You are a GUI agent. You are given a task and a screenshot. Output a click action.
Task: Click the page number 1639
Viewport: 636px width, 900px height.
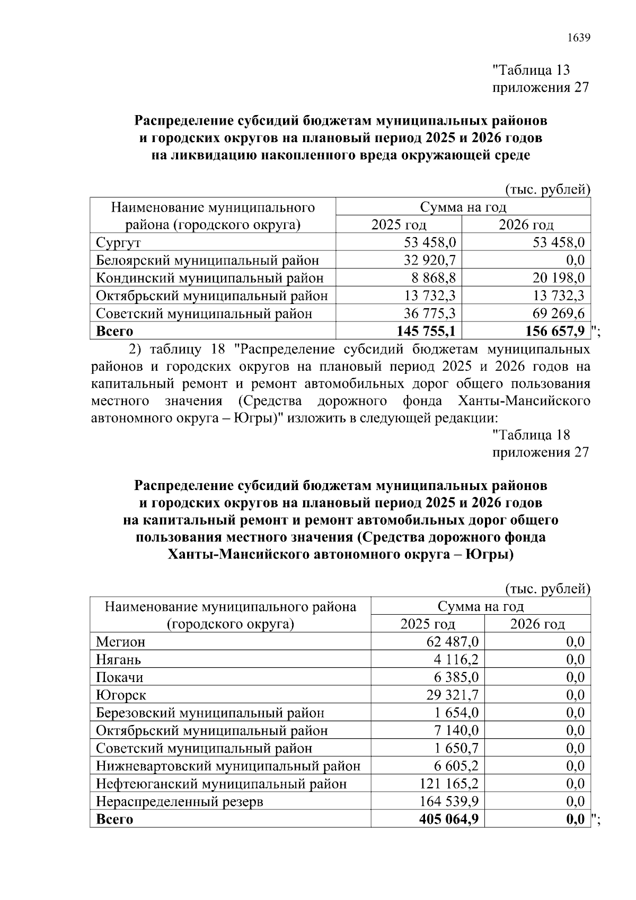point(578,38)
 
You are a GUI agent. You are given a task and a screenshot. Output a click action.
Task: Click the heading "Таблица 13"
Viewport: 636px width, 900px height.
point(531,70)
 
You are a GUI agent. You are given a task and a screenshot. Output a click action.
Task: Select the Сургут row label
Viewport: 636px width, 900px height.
point(118,243)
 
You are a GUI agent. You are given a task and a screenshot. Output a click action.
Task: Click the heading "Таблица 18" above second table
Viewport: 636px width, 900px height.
point(531,435)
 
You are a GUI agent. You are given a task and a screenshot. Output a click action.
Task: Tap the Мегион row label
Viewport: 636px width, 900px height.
point(120,642)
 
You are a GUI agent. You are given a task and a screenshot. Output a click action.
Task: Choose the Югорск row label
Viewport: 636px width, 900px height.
point(121,695)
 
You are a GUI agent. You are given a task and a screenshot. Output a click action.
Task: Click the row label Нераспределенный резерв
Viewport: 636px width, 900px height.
point(179,801)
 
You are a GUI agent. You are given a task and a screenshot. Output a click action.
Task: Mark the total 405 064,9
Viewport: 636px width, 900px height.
point(448,819)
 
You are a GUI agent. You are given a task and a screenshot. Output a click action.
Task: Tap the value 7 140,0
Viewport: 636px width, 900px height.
point(456,731)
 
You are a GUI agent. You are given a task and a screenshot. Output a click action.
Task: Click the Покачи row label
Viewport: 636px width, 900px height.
point(119,678)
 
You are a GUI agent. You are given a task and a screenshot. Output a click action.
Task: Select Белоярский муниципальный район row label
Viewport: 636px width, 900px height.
point(207,260)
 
